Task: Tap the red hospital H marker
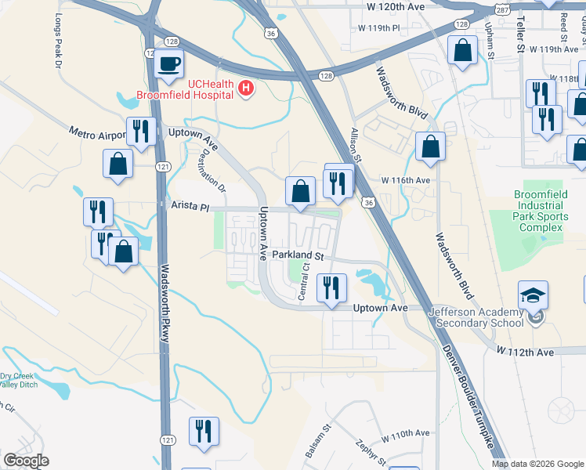pyautogui.click(x=246, y=88)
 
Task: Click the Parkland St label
pyautogui.click(x=298, y=256)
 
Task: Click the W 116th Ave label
pyautogui.click(x=406, y=180)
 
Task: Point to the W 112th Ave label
pyautogui.click(x=530, y=352)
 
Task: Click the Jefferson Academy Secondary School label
pyautogui.click(x=476, y=317)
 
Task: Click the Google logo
pyautogui.click(x=26, y=460)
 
